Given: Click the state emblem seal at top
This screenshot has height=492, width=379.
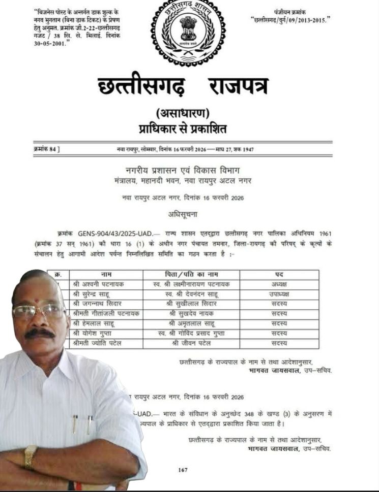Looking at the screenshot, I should coord(188,31).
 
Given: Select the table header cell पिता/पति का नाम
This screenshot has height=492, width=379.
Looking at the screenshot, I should coord(193,275).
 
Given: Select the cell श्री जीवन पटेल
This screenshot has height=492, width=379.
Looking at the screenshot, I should coord(193,343).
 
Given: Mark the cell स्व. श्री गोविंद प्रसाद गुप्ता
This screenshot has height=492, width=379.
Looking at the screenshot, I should coord(193,333).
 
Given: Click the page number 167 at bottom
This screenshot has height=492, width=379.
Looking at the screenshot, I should coord(183,470).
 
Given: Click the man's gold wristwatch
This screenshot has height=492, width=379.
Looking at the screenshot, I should coord(31,455).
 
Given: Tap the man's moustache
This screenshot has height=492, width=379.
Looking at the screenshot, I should coord(40,333).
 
